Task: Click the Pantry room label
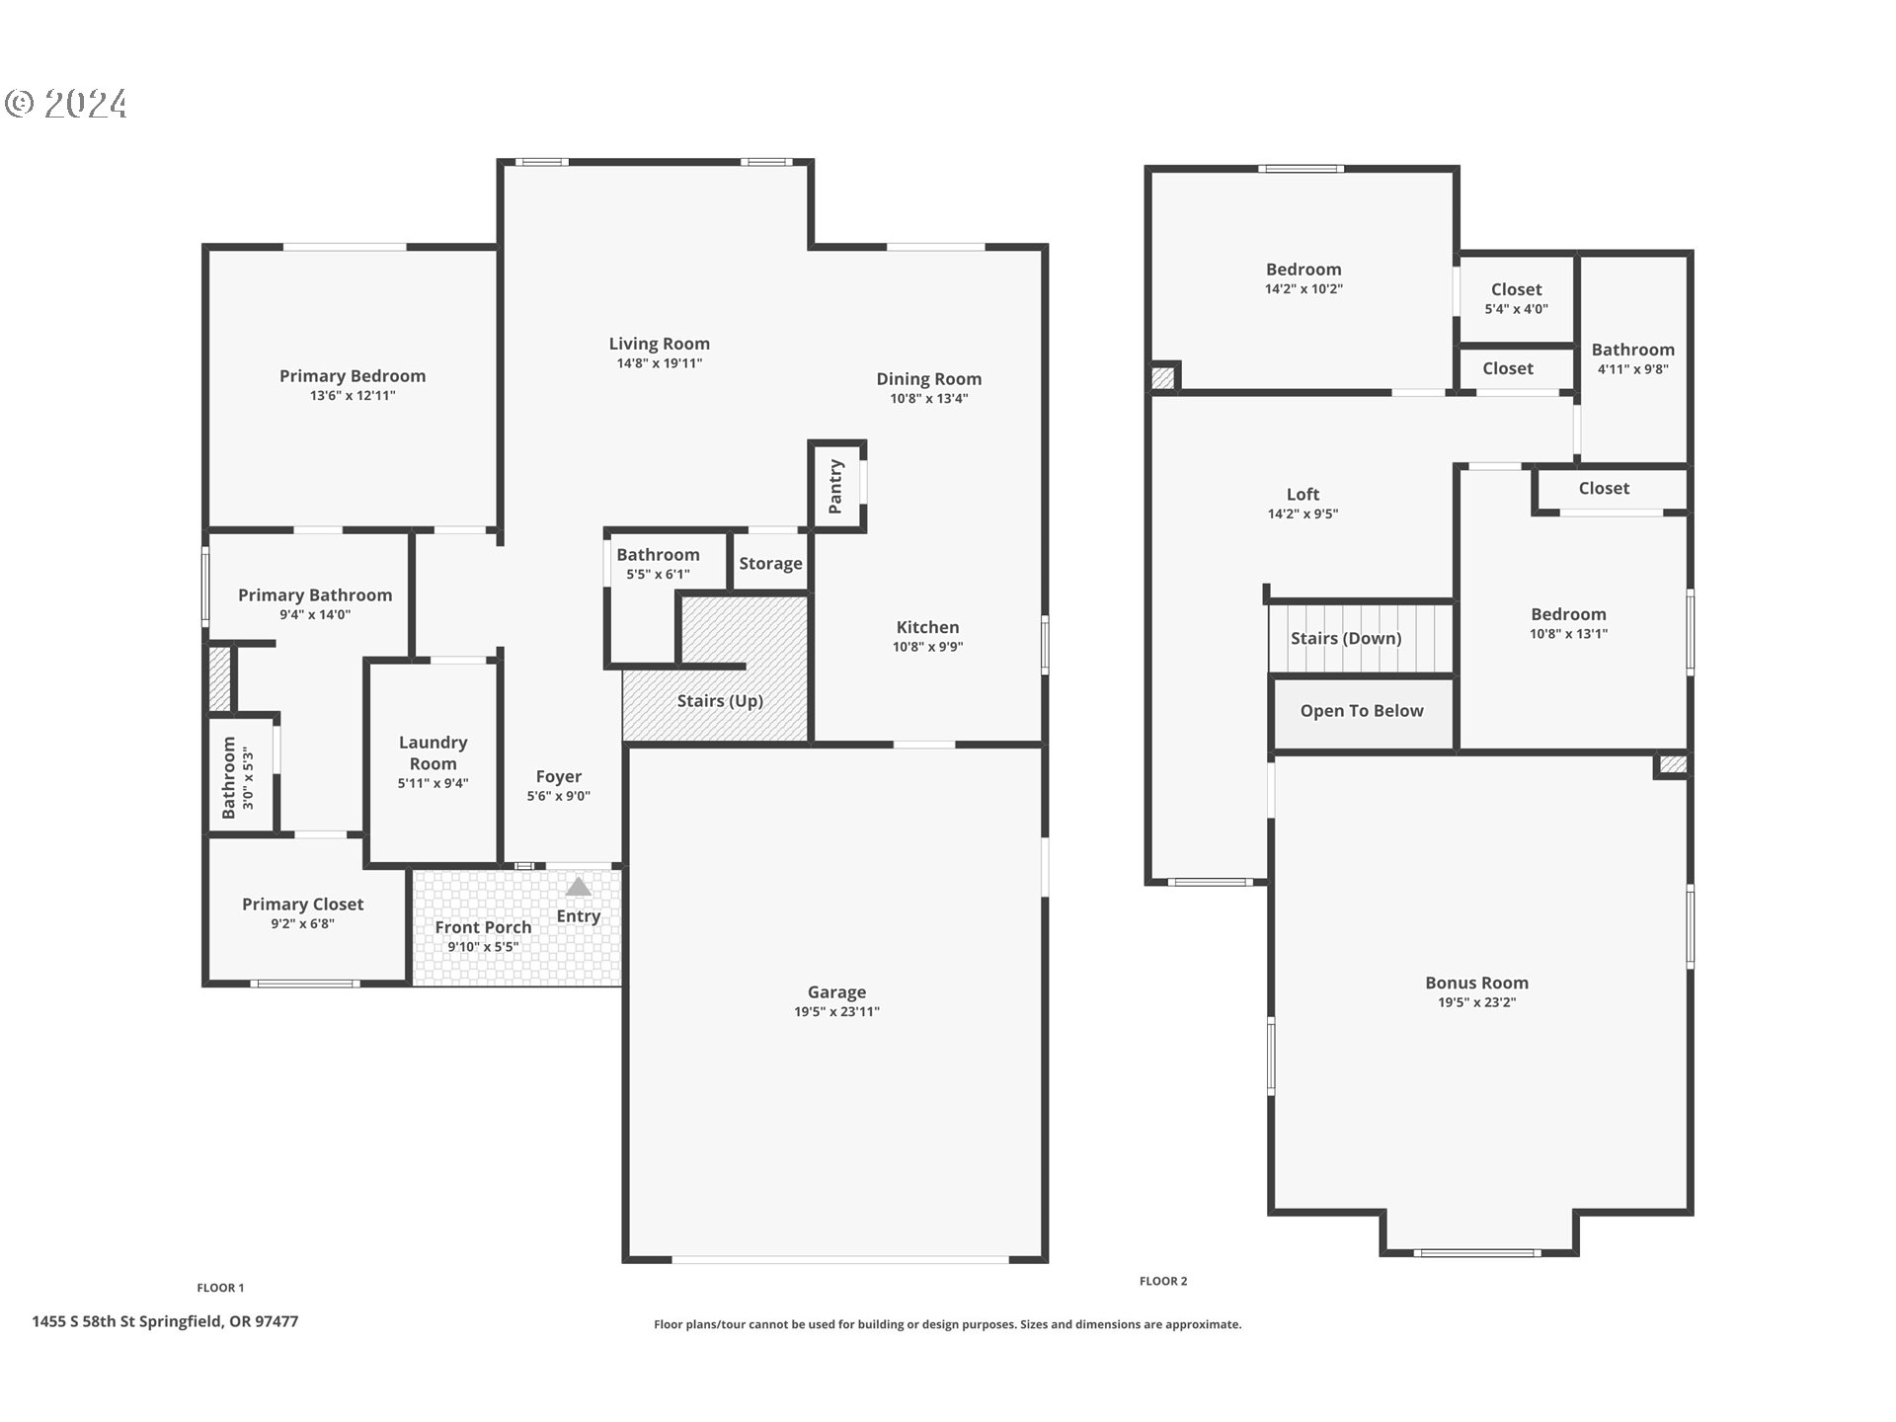pos(835,486)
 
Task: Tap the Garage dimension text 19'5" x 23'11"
pos(836,1011)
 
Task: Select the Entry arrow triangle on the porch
pos(578,887)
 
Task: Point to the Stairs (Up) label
pos(720,701)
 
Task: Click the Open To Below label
pos(1362,711)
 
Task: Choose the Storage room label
pos(770,564)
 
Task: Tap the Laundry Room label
pos(433,752)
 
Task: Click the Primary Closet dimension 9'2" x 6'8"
pos(303,924)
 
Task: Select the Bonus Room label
pos(1476,983)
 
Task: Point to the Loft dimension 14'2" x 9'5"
pos(1303,513)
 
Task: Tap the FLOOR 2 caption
pos(1163,1281)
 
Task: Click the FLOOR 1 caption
pos(220,1288)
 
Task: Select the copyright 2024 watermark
pos(66,104)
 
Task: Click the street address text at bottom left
pos(165,1321)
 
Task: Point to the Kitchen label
pos(927,627)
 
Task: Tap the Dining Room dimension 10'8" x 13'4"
pos(928,399)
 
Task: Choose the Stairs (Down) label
pos(1346,639)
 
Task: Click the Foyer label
pos(558,777)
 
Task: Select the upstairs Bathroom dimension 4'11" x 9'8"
pos(1632,369)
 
